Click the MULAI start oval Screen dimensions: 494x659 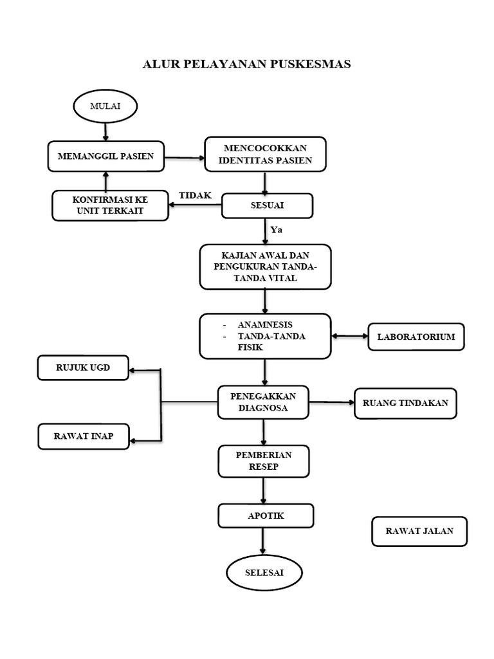pos(105,106)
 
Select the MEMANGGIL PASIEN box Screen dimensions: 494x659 pos(106,156)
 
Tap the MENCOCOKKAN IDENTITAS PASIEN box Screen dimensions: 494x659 pos(266,154)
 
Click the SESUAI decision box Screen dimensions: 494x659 pos(267,205)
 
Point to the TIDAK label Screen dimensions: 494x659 pos(196,196)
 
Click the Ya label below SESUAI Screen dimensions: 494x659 pos(277,230)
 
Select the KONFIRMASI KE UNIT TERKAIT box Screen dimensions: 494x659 pos(110,205)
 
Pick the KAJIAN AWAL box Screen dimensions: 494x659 pos(266,267)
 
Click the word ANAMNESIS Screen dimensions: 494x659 pos(265,325)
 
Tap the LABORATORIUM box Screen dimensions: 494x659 pos(416,337)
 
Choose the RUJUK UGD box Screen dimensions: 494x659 pos(83,367)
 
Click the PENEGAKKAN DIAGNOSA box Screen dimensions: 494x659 pos(263,402)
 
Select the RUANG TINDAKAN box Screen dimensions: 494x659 pos(405,404)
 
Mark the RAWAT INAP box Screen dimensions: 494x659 pos(84,436)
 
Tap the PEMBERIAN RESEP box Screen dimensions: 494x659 pos(264,461)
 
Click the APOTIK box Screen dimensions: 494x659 pos(266,515)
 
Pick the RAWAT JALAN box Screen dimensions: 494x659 pos(419,531)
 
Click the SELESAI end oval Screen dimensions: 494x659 pos(264,572)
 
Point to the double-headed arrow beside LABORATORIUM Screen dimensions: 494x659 pos(349,336)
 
